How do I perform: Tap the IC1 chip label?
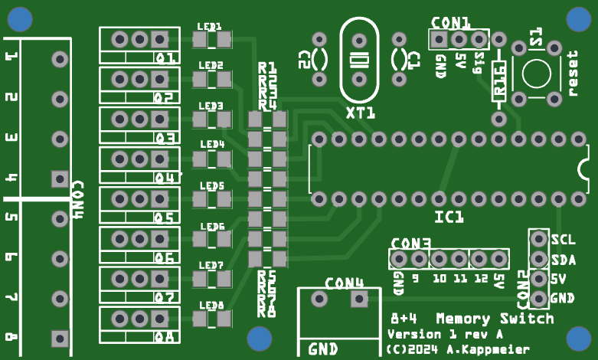[449, 218]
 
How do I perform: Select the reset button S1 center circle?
[538, 74]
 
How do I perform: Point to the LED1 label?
[209, 25]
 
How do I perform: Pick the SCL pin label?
[563, 239]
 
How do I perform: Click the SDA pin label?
[563, 259]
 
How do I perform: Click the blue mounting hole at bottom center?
[260, 338]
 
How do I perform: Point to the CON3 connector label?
[410, 244]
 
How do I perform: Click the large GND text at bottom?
[323, 349]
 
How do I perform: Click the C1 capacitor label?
[414, 59]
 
